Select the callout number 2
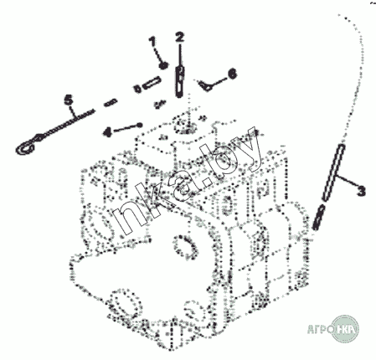[x=180, y=38]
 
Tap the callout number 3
[x=361, y=191]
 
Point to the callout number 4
[x=107, y=131]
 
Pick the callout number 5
[x=69, y=100]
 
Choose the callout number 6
[x=232, y=74]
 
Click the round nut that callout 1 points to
[x=163, y=65]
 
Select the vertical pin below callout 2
[x=180, y=81]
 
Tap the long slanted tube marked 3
[x=333, y=172]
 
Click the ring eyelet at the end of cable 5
[x=26, y=147]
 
